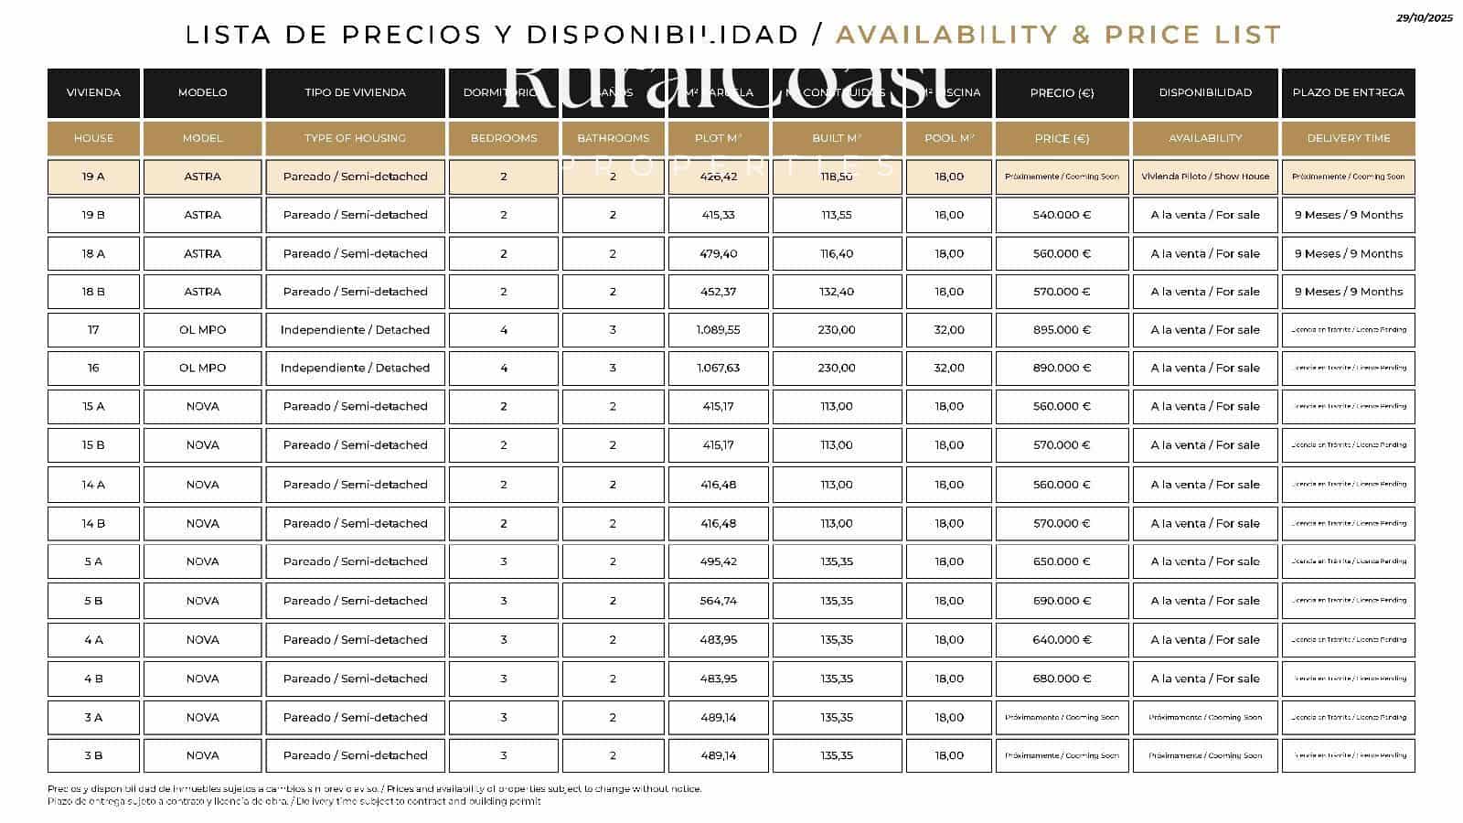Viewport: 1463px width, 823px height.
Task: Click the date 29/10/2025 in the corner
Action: coord(1426,17)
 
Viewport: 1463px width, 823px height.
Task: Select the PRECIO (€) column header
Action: coord(1062,92)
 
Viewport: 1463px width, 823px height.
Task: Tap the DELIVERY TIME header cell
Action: coord(1348,138)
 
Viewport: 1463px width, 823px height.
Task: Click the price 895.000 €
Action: coord(1062,330)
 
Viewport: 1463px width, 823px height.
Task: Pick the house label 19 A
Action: coord(93,176)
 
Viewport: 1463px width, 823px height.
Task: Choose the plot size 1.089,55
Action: coord(718,330)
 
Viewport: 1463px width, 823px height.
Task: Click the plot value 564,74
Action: coord(718,601)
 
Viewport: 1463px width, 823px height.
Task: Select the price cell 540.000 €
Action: coord(1062,215)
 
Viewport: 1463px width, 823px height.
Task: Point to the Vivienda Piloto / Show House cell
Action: coord(1205,176)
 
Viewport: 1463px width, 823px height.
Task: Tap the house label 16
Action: coord(93,368)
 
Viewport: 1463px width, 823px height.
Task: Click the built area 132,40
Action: coord(837,292)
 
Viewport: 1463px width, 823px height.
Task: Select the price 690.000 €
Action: coord(1062,601)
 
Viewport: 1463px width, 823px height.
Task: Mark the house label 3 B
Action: coord(93,755)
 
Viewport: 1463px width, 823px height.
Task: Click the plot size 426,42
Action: coord(718,176)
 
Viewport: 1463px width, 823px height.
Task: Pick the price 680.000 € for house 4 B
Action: coord(1062,679)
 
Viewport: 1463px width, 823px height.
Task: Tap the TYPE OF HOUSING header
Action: coord(355,138)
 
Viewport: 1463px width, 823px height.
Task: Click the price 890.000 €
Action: coord(1062,368)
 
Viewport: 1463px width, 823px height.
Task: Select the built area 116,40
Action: coord(837,254)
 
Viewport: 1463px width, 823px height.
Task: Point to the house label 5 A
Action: coord(93,561)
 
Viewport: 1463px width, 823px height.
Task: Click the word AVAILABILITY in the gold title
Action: coord(945,35)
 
